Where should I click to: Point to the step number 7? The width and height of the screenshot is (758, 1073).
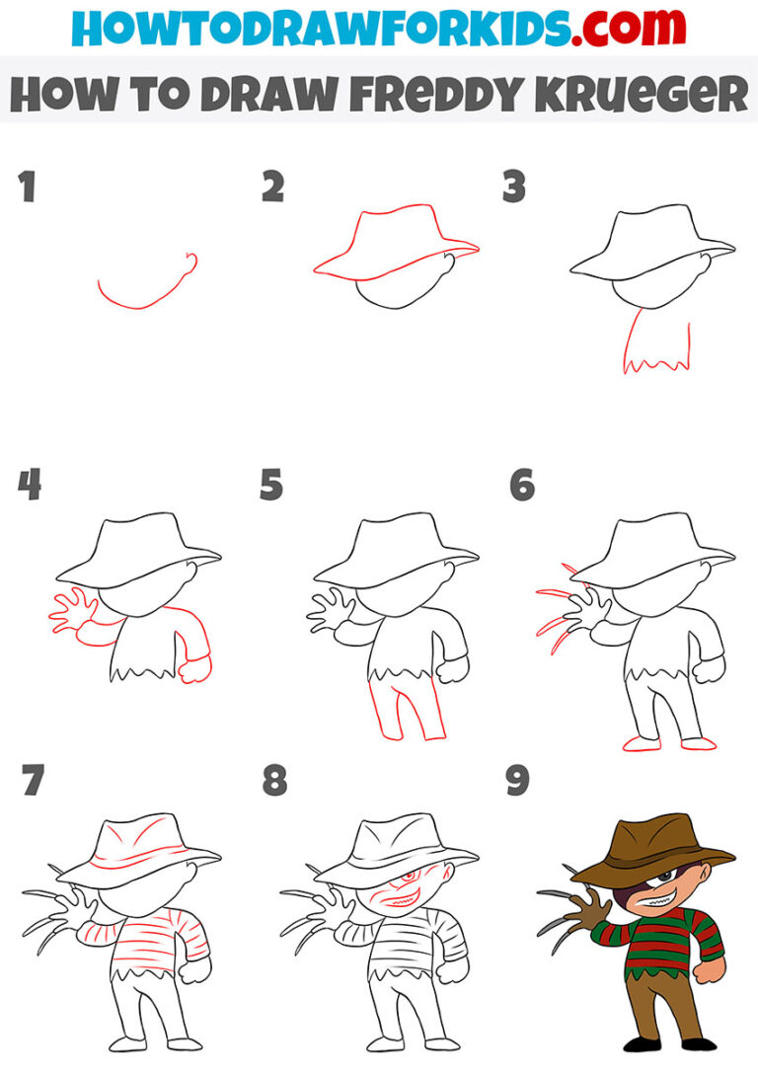coord(32,781)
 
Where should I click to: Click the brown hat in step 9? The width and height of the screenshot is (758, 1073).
coord(651,844)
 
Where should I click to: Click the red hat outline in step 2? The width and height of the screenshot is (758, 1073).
coord(395,242)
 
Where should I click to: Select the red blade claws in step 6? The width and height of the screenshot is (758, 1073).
coord(558,617)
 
